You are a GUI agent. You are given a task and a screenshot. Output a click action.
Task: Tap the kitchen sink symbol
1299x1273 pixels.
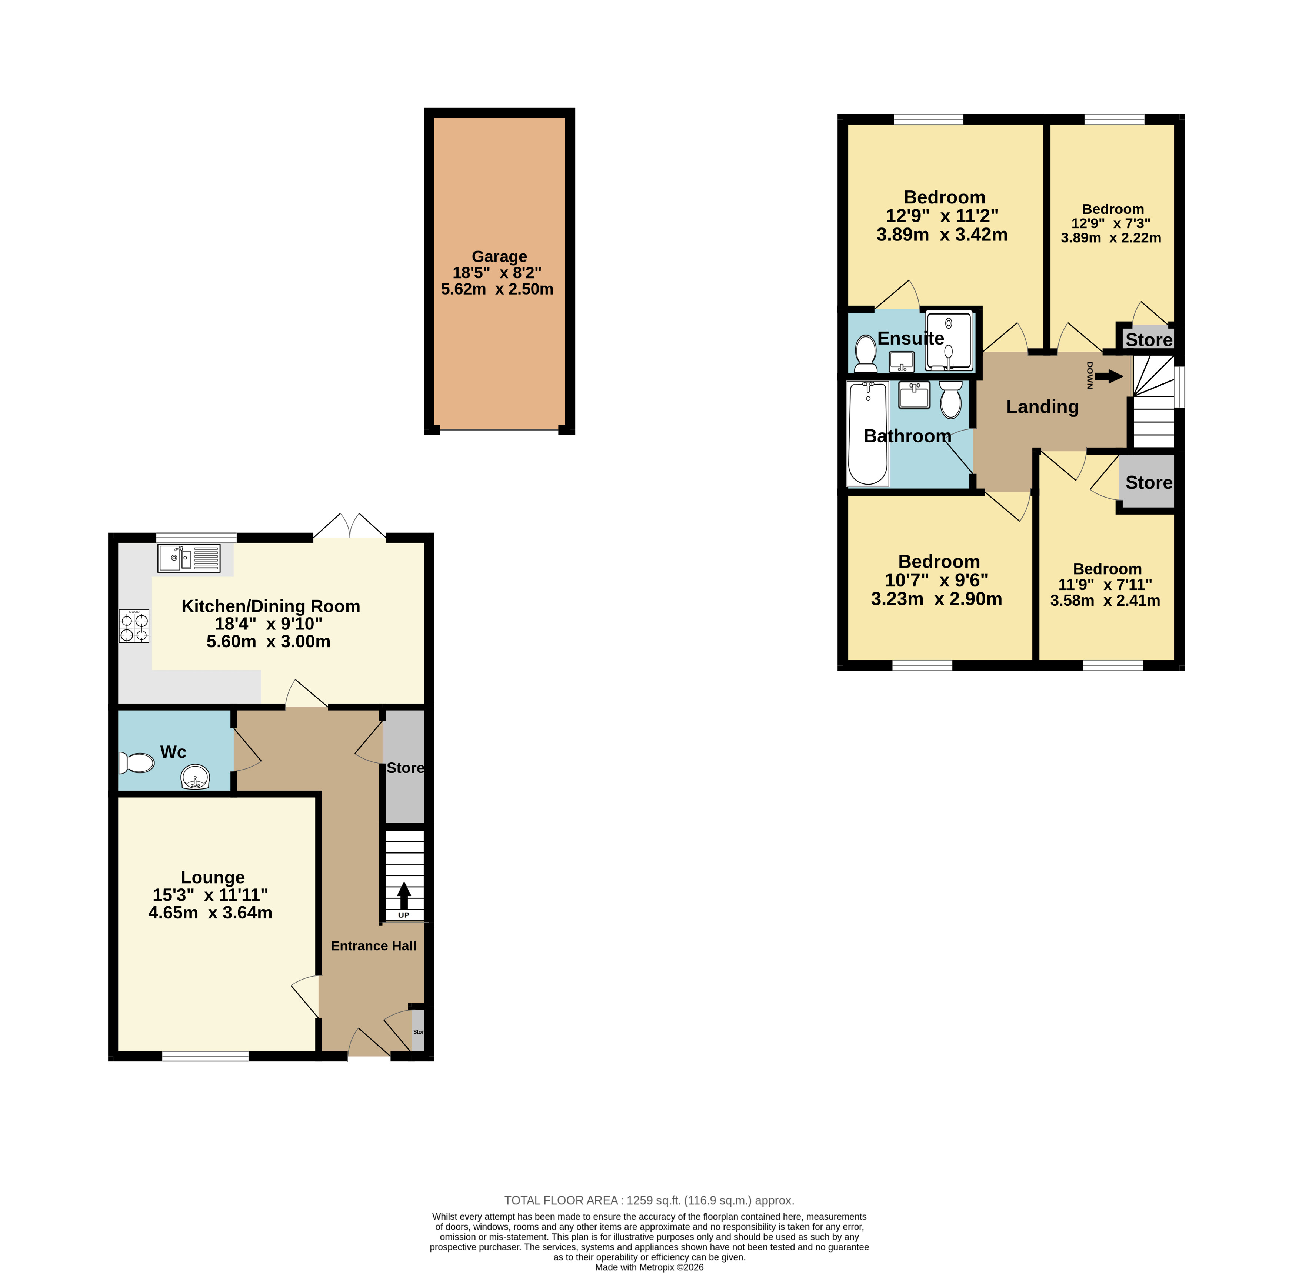click(189, 558)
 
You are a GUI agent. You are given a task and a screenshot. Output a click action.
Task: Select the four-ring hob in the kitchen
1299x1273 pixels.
click(134, 626)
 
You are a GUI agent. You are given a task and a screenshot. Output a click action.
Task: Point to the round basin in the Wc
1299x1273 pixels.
click(195, 777)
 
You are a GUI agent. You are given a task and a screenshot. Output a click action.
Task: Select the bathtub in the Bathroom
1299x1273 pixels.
click(868, 433)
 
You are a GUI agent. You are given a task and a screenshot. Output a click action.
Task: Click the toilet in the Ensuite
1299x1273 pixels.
click(866, 354)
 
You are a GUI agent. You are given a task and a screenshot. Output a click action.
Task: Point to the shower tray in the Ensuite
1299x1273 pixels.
click(949, 340)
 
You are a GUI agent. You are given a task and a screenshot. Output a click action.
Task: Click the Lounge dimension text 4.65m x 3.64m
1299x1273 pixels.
click(210, 913)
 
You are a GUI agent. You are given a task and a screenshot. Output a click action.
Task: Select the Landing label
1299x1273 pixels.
click(1042, 406)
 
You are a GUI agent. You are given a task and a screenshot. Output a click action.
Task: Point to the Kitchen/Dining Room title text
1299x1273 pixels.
click(271, 606)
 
